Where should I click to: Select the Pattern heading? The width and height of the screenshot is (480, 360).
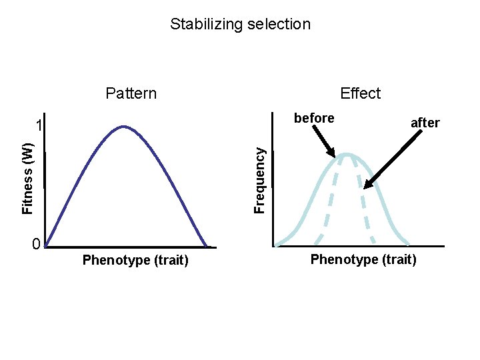pyautogui.click(x=131, y=93)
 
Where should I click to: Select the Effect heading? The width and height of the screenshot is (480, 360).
pyautogui.click(x=361, y=93)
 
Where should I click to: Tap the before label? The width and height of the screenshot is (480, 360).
pyautogui.click(x=314, y=119)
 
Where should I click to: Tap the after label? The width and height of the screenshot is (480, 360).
pyautogui.click(x=425, y=123)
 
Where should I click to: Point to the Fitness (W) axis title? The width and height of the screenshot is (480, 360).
pyautogui.click(x=27, y=179)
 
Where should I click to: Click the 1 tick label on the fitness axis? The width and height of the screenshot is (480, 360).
pyautogui.click(x=40, y=126)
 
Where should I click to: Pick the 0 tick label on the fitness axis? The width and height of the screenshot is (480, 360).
pyautogui.click(x=37, y=243)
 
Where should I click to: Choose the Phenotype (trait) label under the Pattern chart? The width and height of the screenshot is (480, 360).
pyautogui.click(x=135, y=260)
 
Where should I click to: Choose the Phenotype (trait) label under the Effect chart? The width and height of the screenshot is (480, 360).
pyautogui.click(x=363, y=259)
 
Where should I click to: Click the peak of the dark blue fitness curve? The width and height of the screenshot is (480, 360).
pyautogui.click(x=123, y=127)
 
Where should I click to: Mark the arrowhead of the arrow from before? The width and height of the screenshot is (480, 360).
pyautogui.click(x=336, y=156)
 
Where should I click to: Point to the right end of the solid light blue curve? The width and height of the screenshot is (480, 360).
pyautogui.click(x=408, y=243)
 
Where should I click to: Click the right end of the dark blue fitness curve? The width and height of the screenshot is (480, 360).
pyautogui.click(x=206, y=246)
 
